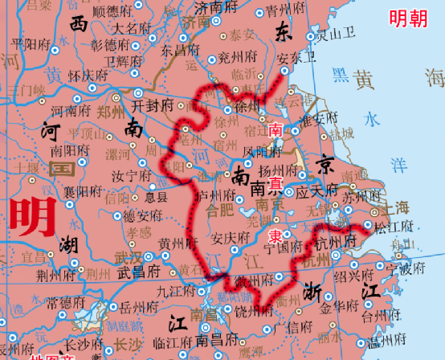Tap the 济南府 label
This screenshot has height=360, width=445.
click(x=215, y=7)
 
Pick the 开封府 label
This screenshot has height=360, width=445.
click(x=153, y=105)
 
